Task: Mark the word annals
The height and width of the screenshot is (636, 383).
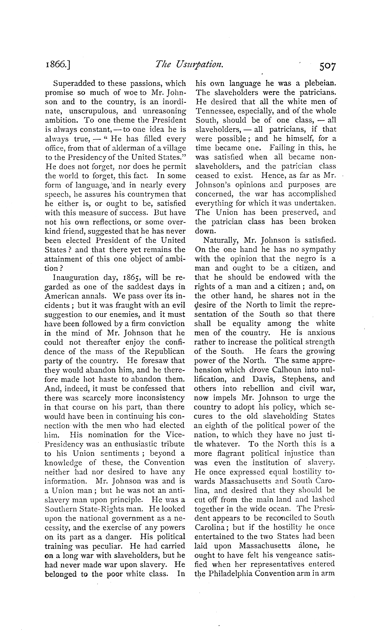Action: pos(98,296)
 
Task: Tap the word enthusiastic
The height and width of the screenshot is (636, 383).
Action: pos(136,444)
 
